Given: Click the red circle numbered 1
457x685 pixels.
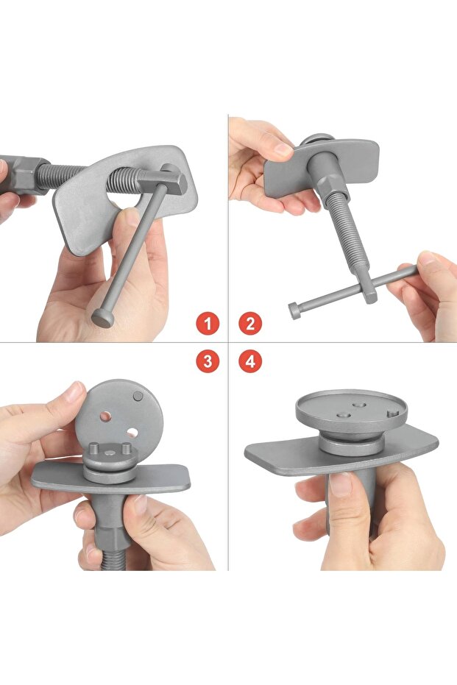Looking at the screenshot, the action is coord(207,324).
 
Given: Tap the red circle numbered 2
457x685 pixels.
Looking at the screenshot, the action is coord(250,324).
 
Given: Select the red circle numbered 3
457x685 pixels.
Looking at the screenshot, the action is coord(207,361).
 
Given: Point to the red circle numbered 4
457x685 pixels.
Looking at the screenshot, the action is coord(250,361).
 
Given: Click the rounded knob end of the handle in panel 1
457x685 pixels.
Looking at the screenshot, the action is coord(103,318).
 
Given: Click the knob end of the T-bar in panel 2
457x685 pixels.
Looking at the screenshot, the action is coord(295,310).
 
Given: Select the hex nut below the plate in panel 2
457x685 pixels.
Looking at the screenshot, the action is coord(333,185).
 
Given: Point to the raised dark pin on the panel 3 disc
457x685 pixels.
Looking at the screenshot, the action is coord(138,397).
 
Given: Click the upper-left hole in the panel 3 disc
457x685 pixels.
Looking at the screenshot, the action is coord(105,416).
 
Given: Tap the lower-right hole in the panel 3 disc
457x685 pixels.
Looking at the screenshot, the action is coord(132,433).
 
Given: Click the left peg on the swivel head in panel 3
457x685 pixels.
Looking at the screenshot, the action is coord(93,448).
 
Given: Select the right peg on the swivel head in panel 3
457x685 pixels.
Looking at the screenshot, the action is coord(126,448).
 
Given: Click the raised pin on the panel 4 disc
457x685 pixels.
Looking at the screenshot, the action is coord(393,412).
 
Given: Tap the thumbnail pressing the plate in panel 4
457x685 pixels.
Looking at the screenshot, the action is coord(341,484).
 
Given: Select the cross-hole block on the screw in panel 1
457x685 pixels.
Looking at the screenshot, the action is coord(163,181).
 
